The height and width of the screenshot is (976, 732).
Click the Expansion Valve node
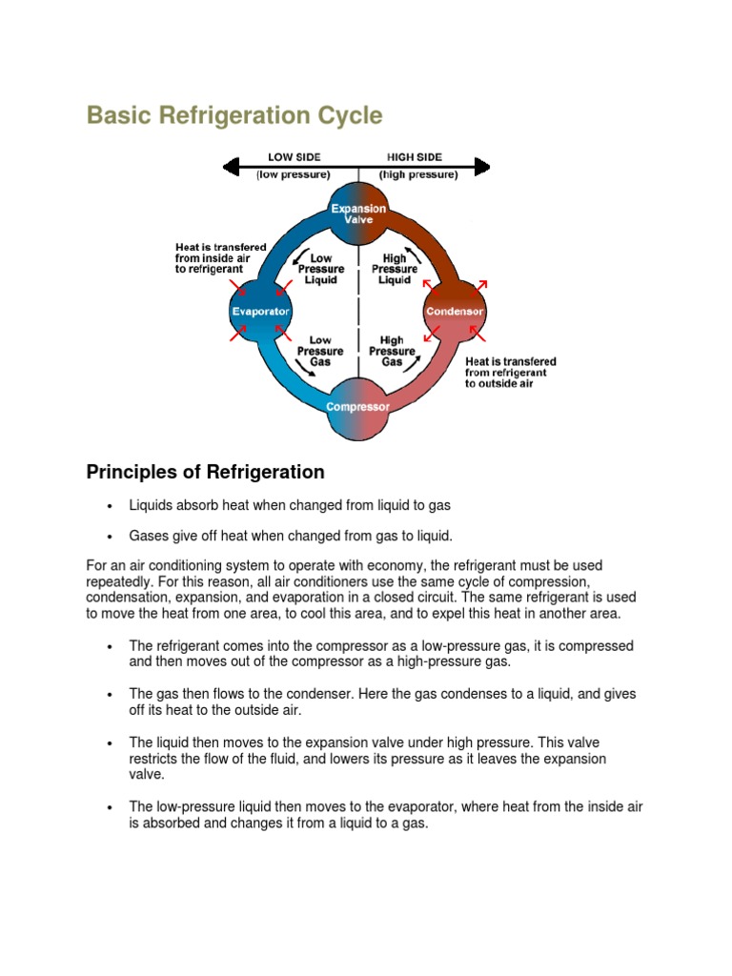coord(358,214)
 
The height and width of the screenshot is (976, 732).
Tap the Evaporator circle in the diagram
coord(260,312)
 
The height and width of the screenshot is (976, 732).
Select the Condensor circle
coord(455,312)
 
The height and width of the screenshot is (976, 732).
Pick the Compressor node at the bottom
coord(357,407)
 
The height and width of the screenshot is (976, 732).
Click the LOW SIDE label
coord(294,157)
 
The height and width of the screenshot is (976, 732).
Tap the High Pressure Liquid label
coord(394,269)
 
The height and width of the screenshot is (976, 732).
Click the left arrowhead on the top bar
coord(230,168)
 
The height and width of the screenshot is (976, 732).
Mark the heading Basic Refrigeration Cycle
coord(234,116)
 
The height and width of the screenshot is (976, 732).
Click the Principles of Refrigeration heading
coord(205,472)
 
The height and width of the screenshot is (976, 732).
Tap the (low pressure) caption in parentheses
coord(294,175)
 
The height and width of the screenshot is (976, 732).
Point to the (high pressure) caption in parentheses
coord(417,175)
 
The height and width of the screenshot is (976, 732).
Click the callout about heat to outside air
coord(510,373)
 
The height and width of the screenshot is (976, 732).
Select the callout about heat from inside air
coord(220,258)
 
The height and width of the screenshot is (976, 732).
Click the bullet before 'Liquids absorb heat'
coord(111,505)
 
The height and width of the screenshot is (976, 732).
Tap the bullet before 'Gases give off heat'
coord(111,537)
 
